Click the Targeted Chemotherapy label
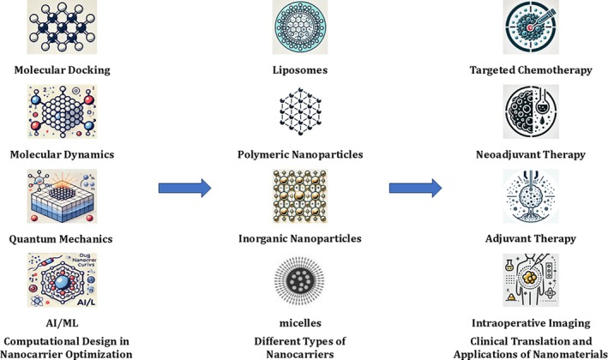pyautogui.click(x=541, y=70)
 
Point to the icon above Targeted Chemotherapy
pyautogui.click(x=541, y=30)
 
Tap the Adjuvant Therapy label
pyautogui.click(x=541, y=238)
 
